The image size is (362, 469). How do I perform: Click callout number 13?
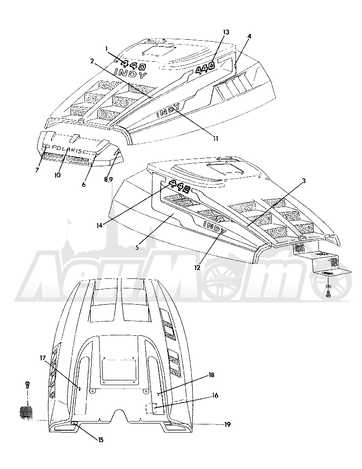point(226,32)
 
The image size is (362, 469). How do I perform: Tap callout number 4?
point(249,36)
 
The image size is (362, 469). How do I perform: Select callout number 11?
point(216,138)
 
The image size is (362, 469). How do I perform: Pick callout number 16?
point(215,396)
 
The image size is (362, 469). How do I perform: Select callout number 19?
point(228,424)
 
